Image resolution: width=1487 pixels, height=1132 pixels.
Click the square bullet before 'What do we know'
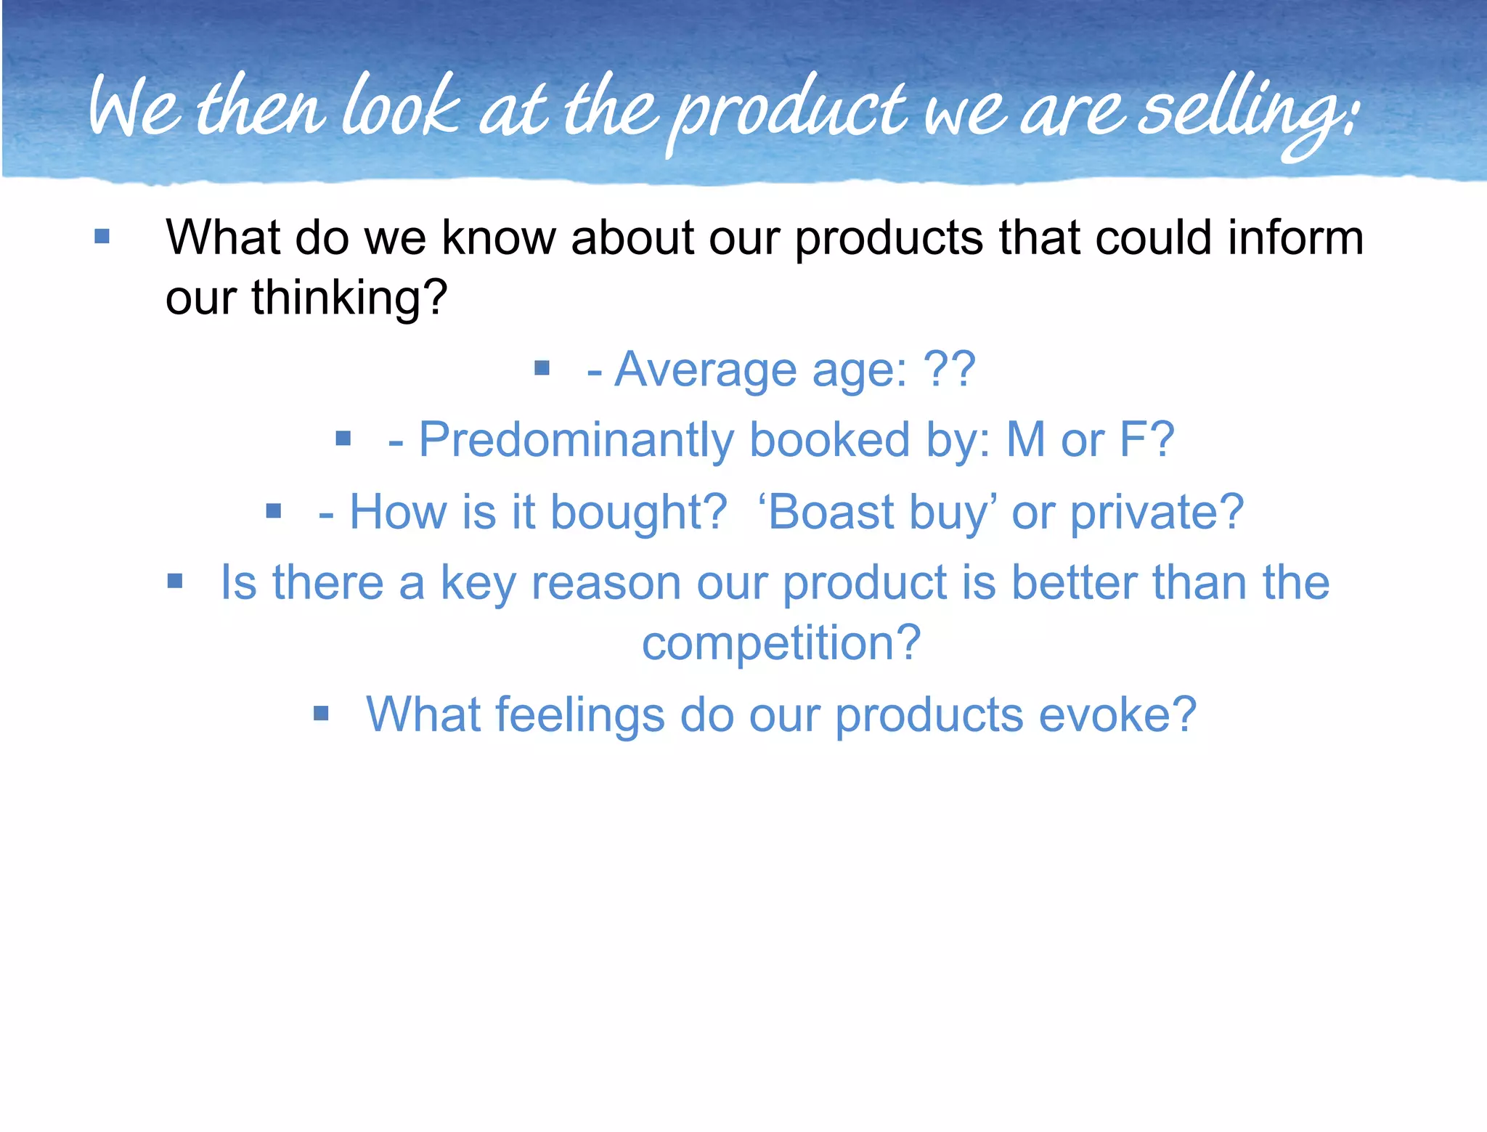click(102, 237)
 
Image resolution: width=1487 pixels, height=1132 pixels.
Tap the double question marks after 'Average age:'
click(949, 370)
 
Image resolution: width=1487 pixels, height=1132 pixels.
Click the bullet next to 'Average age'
click(542, 369)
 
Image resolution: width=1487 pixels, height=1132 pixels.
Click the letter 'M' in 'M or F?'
click(1025, 440)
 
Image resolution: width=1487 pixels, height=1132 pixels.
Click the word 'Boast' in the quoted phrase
click(831, 513)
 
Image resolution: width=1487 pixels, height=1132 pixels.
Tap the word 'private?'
click(1157, 513)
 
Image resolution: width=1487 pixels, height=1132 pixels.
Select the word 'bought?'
click(639, 513)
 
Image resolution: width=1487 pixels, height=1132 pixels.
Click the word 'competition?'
click(781, 643)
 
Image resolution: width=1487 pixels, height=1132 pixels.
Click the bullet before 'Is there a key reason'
click(175, 581)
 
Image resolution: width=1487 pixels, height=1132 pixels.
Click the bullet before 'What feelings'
click(321, 714)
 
